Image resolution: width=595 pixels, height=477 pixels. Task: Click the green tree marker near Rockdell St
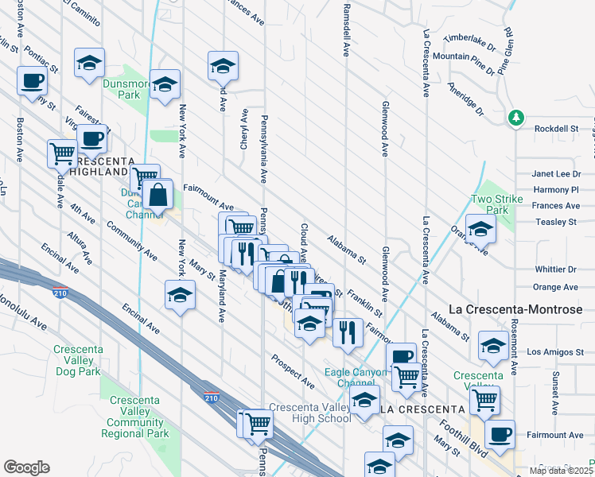(x=516, y=118)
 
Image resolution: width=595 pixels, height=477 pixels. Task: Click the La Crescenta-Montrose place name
(x=515, y=309)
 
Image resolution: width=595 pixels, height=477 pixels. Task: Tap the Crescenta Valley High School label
(x=309, y=413)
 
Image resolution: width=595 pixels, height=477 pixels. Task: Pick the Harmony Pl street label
(x=556, y=190)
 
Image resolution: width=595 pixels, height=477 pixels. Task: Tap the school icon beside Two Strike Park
(x=480, y=229)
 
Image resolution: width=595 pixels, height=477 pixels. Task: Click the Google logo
(x=26, y=467)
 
